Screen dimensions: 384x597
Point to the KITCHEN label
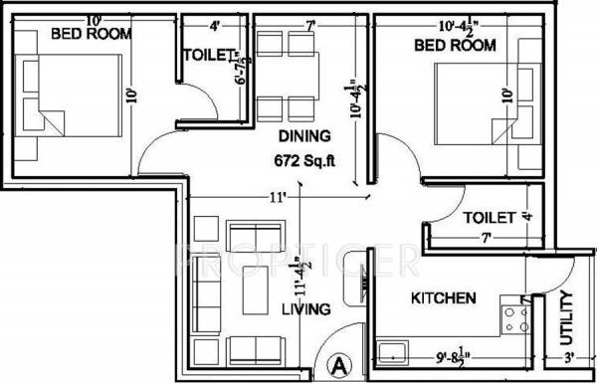point(443,297)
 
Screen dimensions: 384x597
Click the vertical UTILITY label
point(566,315)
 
